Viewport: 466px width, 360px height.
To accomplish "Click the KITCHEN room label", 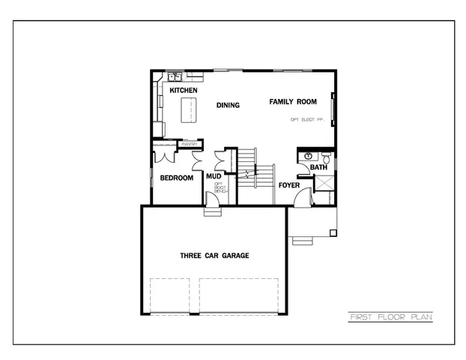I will (x=183, y=91).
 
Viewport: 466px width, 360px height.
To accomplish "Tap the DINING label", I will (x=228, y=105).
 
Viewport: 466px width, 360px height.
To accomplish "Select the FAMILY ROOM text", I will (x=293, y=101).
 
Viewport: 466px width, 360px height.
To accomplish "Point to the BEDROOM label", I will (x=177, y=178).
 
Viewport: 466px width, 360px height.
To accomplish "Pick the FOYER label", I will (x=289, y=184).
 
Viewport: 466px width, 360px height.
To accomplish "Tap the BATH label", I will (x=319, y=167).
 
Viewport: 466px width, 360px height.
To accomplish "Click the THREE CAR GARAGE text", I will (x=214, y=256).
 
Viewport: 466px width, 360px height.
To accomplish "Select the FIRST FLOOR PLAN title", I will (x=390, y=317).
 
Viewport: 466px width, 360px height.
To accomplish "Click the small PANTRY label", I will (x=189, y=144).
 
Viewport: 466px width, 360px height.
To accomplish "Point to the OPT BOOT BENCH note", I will (x=220, y=188).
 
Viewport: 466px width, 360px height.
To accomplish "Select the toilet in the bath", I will (x=327, y=158).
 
